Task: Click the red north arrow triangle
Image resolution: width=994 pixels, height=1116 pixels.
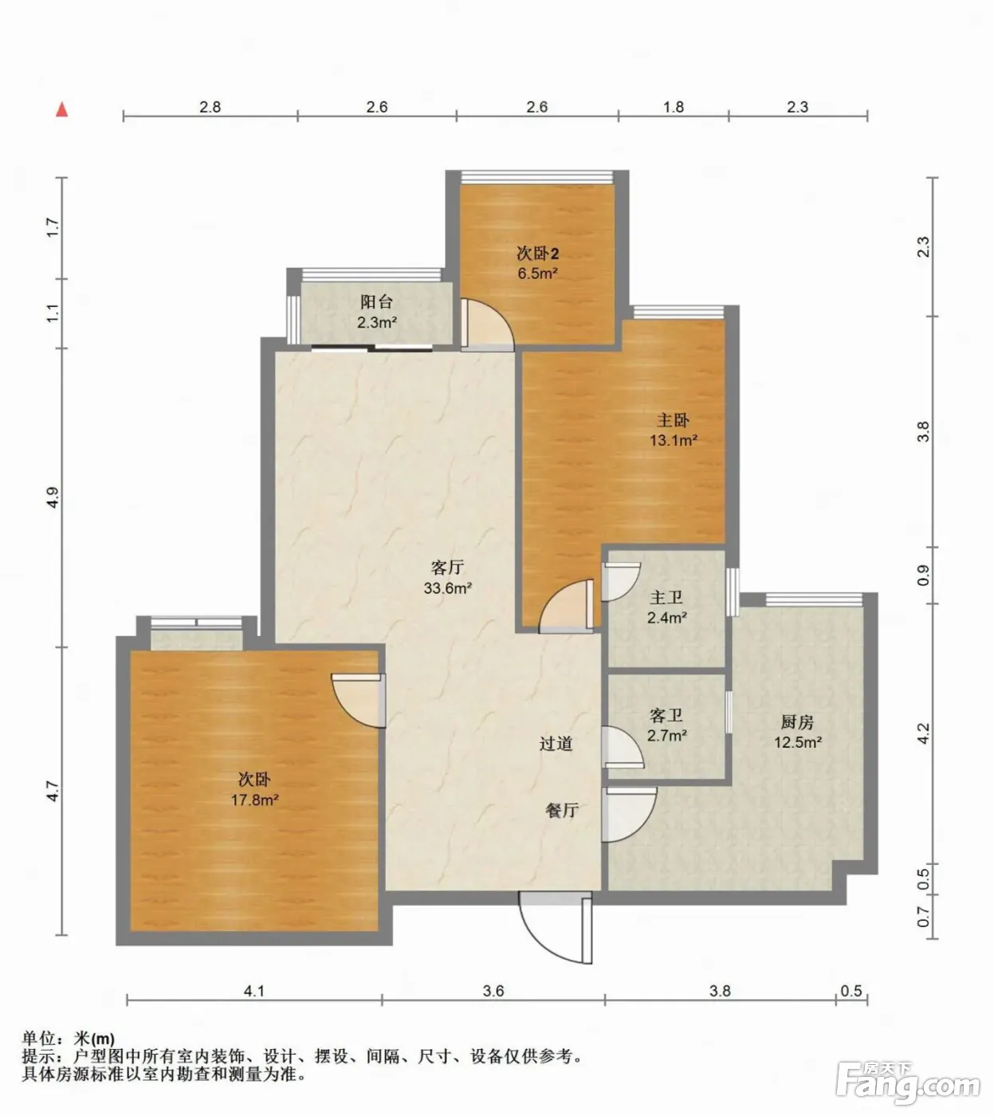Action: pos(62,110)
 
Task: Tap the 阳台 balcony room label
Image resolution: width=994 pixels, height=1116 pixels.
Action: pos(376,302)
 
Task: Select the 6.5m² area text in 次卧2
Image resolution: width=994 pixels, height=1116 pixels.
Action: pos(538,273)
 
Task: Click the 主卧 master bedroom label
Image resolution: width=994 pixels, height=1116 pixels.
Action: pos(673,421)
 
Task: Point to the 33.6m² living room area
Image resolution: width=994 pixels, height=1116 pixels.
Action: pos(447,588)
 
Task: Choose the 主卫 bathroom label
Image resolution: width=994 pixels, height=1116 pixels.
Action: pos(666,598)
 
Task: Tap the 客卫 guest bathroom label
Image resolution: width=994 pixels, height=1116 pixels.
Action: pos(666,716)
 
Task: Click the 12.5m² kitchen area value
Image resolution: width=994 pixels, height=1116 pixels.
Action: pos(798,742)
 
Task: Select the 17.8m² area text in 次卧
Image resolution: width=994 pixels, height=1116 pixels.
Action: pos(254,800)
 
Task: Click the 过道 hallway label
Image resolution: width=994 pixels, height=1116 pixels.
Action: pos(556,744)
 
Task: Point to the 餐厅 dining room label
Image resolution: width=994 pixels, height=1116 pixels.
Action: pos(562,810)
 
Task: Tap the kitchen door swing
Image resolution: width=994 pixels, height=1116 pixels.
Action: pos(629,815)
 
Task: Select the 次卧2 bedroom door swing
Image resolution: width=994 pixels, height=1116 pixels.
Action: pos(488,325)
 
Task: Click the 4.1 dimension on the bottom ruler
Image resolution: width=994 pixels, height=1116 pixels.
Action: pos(254,992)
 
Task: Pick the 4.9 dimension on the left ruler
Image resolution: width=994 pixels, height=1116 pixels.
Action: pos(53,498)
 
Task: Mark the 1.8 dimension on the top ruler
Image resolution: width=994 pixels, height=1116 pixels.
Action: pos(674,107)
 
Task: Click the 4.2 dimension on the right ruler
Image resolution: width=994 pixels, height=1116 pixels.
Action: pos(924,734)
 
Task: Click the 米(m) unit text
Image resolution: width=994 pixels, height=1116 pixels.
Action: pos(94,1039)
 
